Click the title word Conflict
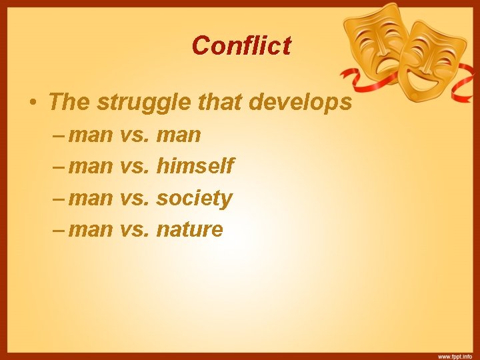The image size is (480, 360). (x=241, y=45)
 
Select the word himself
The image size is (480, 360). (x=195, y=166)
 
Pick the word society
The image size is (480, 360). (x=194, y=198)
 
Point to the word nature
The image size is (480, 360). (x=189, y=230)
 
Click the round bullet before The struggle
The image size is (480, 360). (x=32, y=103)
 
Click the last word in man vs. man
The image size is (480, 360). (x=178, y=135)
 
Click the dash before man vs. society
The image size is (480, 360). (x=58, y=198)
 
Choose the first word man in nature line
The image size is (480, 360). (x=91, y=230)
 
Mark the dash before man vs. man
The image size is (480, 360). (x=58, y=135)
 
